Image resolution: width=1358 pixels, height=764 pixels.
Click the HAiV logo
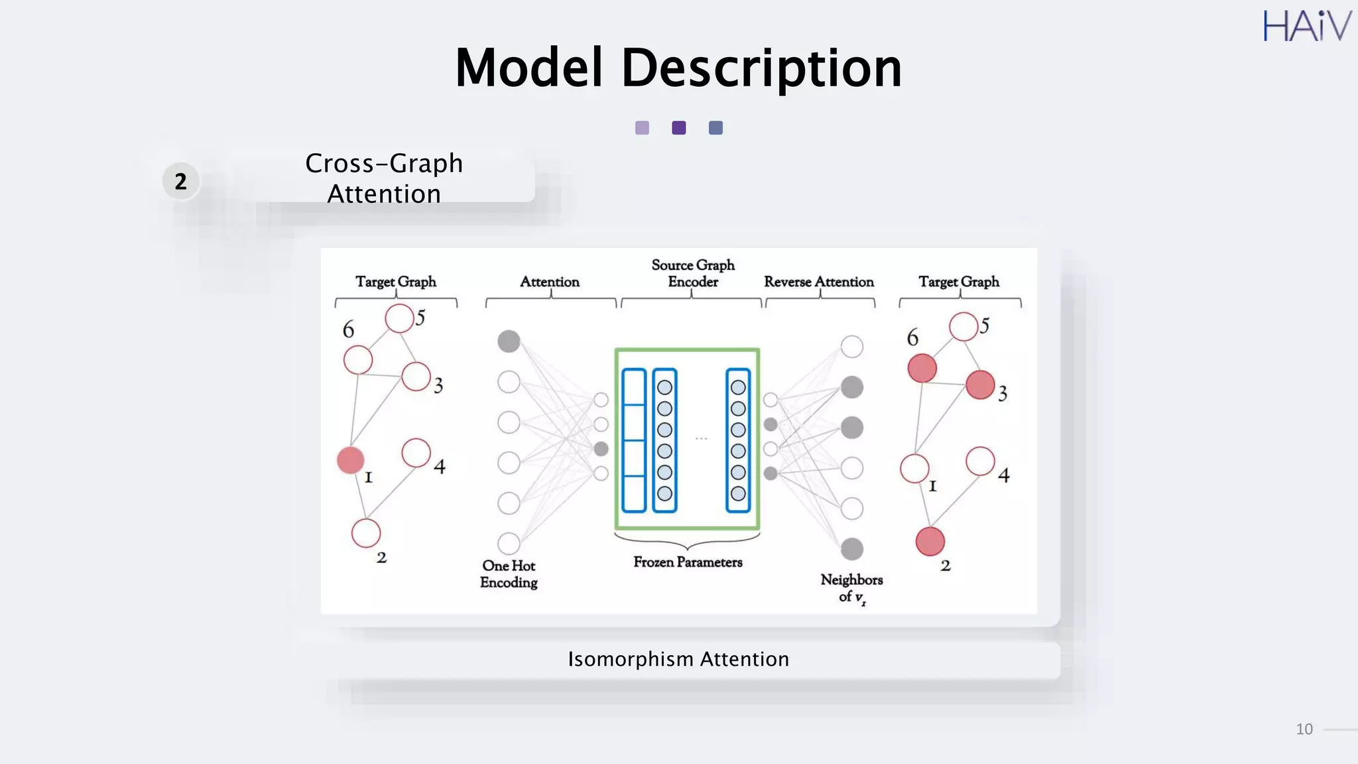(1306, 27)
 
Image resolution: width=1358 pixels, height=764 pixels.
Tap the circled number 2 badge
(180, 181)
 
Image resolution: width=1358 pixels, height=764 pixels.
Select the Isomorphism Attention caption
(678, 659)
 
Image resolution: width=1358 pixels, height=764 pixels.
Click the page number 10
(1304, 730)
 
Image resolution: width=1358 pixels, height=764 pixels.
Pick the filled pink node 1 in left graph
(350, 460)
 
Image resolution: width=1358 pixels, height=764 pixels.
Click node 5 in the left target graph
(399, 318)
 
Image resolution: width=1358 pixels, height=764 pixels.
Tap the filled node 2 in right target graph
(930, 541)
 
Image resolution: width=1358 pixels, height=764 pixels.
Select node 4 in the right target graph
(980, 462)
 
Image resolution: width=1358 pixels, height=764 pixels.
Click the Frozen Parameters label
(688, 562)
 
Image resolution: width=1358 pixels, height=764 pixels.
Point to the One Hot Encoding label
(509, 574)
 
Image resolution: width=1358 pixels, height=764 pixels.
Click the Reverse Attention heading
(819, 282)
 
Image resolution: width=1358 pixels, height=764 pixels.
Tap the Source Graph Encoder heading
(693, 273)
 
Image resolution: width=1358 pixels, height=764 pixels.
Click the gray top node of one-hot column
(509, 342)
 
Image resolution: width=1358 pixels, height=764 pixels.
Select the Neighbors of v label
(851, 588)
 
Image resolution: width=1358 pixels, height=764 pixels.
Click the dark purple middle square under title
(678, 128)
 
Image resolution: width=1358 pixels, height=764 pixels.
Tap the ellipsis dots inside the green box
(701, 438)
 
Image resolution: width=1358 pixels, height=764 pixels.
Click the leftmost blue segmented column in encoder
(634, 440)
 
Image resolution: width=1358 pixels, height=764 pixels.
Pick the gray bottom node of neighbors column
(851, 549)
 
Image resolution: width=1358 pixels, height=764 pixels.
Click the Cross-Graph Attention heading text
(384, 178)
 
